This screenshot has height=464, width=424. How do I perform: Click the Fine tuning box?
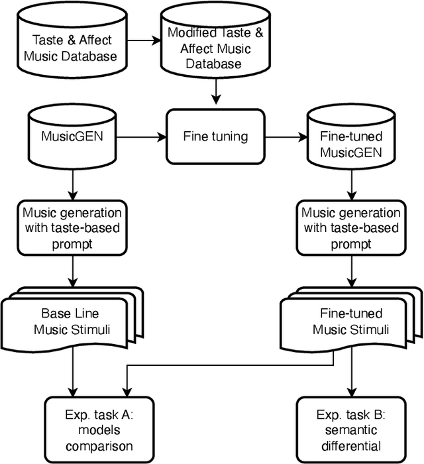(x=215, y=137)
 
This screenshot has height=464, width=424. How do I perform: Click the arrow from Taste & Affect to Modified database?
(x=142, y=40)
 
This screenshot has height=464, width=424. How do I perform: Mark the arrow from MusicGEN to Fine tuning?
(x=140, y=137)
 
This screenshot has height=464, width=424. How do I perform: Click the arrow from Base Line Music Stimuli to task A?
(x=72, y=372)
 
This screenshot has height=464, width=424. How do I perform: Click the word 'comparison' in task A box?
(x=99, y=446)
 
